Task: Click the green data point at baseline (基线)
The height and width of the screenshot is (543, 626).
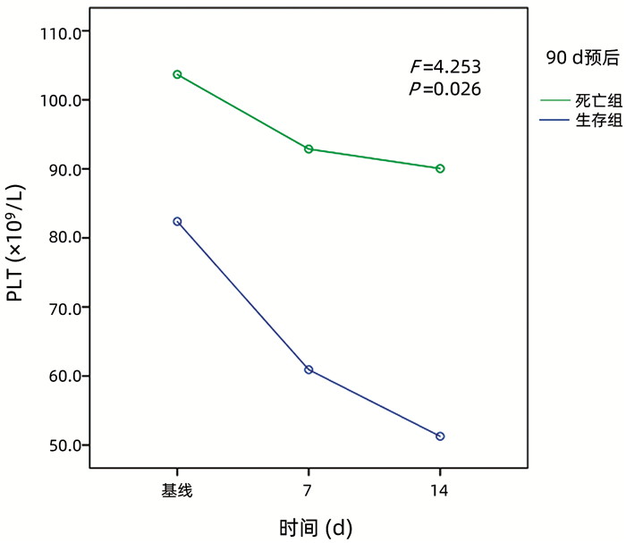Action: (177, 74)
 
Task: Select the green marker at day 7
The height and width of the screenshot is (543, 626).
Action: (309, 149)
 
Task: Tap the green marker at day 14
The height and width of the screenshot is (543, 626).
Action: (440, 168)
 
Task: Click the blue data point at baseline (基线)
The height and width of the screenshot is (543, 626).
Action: (177, 221)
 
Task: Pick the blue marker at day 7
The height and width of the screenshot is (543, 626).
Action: (309, 369)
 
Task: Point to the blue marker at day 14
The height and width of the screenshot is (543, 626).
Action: (440, 436)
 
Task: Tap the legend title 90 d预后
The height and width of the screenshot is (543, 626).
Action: (582, 58)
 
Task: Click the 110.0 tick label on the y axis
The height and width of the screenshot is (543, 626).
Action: (61, 32)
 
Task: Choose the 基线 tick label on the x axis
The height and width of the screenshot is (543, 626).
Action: (177, 490)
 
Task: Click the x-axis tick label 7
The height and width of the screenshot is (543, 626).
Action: (309, 490)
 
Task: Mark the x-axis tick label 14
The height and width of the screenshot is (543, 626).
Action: (440, 490)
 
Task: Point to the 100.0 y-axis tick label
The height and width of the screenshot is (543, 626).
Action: (61, 100)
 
